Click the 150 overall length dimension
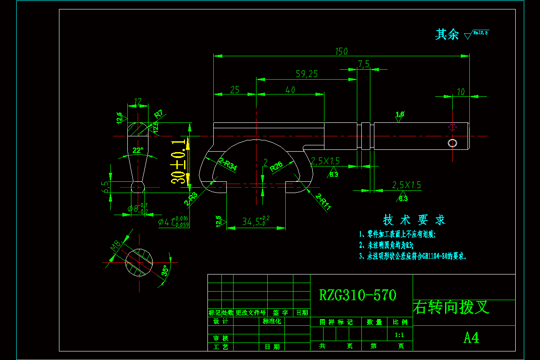(342, 51)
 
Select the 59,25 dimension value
(306, 74)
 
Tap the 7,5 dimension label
(364, 64)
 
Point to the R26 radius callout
(276, 167)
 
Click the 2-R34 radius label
(227, 164)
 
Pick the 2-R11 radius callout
(323, 202)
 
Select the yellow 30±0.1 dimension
(180, 162)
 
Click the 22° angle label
(138, 150)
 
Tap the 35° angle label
(165, 271)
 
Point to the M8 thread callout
(115, 246)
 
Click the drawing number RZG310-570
(358, 295)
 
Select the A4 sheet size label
(471, 337)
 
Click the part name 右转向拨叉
(451, 307)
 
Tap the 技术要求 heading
(414, 220)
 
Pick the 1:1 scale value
(399, 335)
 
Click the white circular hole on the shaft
(452, 143)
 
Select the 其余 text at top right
(446, 35)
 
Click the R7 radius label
(158, 114)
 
